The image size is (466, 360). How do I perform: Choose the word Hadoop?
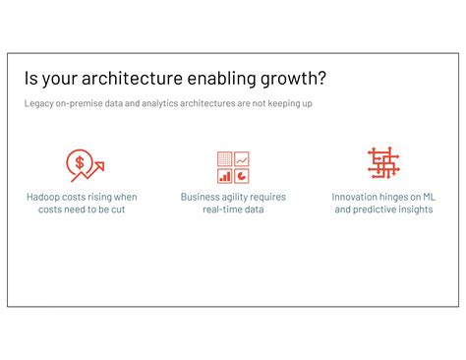point(42,197)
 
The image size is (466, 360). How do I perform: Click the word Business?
point(200,197)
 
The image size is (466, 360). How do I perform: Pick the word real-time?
point(222,210)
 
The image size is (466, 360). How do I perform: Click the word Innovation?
point(355,197)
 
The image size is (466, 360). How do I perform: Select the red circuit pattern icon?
point(383,163)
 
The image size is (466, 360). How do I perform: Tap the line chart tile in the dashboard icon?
point(242,158)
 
